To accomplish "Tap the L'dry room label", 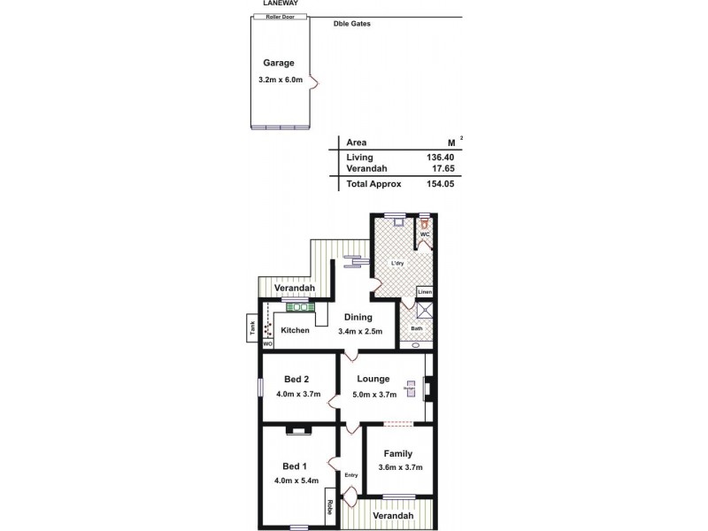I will pyautogui.click(x=399, y=263).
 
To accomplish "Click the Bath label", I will pyautogui.click(x=417, y=328).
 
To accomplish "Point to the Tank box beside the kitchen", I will pyautogui.click(x=251, y=327).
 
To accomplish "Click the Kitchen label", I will pyautogui.click(x=296, y=331).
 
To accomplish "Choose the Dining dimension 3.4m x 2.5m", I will pyautogui.click(x=359, y=332).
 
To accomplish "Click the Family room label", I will pyautogui.click(x=398, y=453).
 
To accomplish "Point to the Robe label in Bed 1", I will pyautogui.click(x=328, y=508).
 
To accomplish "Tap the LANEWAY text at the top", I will pyautogui.click(x=280, y=4).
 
